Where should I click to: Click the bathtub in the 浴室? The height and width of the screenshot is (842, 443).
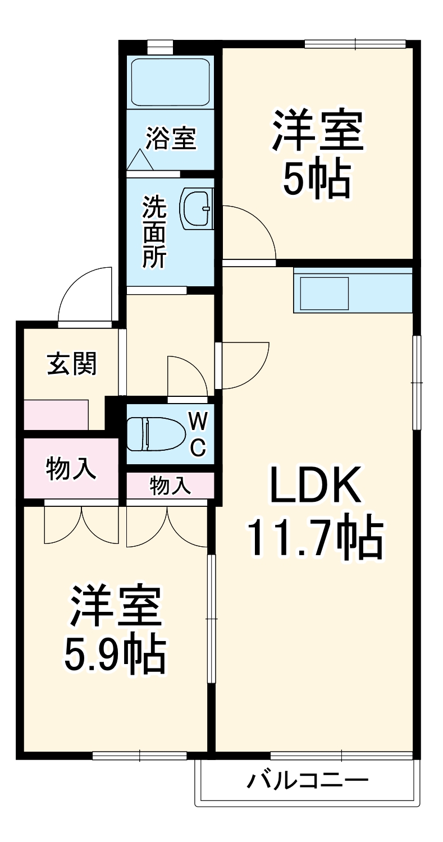point(170,82)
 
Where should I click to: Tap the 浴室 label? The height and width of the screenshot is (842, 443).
point(171,138)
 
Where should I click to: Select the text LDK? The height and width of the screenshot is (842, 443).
point(315,485)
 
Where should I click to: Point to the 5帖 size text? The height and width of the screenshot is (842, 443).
point(317,180)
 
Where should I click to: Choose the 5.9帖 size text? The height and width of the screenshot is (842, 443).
point(115,654)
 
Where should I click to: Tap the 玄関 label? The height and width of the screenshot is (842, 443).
point(71,364)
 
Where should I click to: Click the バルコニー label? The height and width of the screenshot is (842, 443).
point(308,780)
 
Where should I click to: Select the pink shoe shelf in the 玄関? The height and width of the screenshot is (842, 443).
point(56,414)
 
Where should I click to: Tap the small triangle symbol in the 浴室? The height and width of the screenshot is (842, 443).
point(140,160)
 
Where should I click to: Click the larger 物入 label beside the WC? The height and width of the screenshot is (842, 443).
point(71,468)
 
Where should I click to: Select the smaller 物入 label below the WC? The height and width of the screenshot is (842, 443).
point(170,486)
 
